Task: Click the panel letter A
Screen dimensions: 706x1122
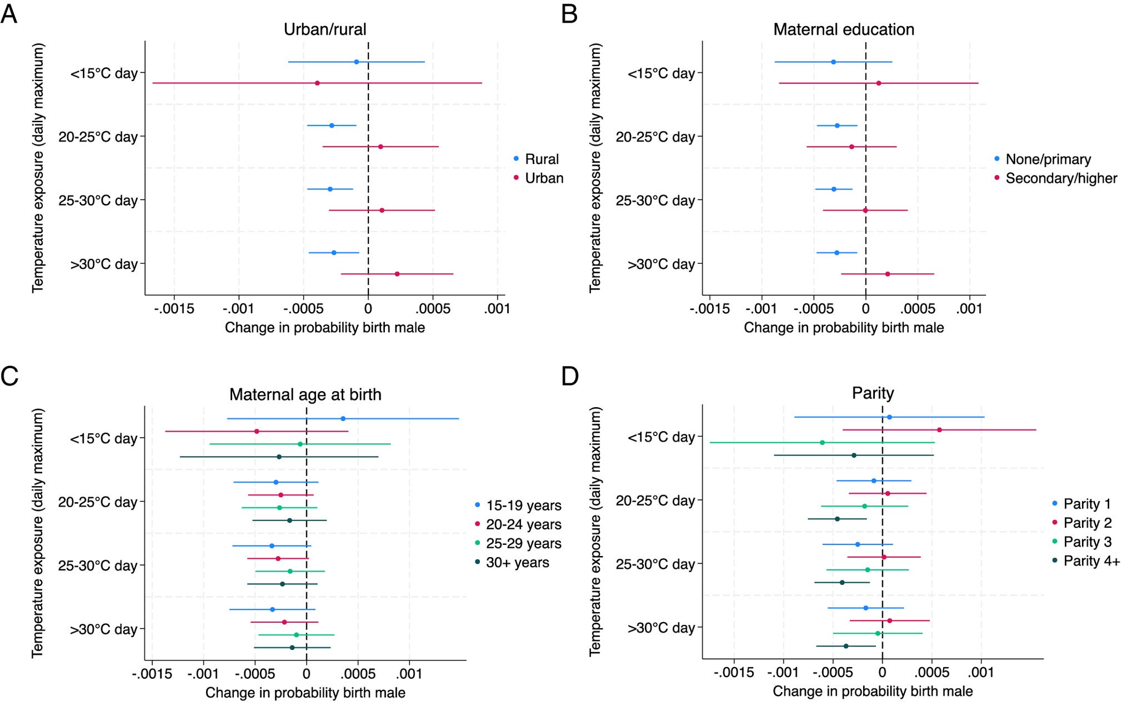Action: coord(8,13)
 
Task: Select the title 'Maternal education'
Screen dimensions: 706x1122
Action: coord(843,29)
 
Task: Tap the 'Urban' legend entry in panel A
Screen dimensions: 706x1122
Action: coord(544,178)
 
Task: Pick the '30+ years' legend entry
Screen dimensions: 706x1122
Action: coord(517,563)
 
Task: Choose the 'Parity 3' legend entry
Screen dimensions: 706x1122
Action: coord(1087,542)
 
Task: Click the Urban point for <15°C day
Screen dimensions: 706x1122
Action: coord(317,83)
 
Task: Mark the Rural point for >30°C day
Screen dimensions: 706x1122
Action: coord(334,253)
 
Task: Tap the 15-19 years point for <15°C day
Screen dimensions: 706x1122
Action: coord(343,419)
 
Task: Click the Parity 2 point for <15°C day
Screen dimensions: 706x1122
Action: coord(939,430)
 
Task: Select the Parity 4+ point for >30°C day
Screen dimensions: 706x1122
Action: coord(846,646)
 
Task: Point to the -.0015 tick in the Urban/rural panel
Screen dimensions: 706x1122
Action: coord(174,309)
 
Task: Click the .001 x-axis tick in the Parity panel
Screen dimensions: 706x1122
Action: coord(981,673)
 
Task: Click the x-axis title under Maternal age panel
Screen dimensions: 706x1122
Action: coord(305,693)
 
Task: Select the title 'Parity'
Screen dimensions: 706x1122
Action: coord(873,393)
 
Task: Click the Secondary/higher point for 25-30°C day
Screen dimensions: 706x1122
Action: coord(865,211)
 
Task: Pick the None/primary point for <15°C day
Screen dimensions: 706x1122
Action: coord(833,62)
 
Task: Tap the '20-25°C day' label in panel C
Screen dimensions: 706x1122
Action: coord(98,502)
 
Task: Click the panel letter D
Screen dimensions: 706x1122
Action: coord(570,377)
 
